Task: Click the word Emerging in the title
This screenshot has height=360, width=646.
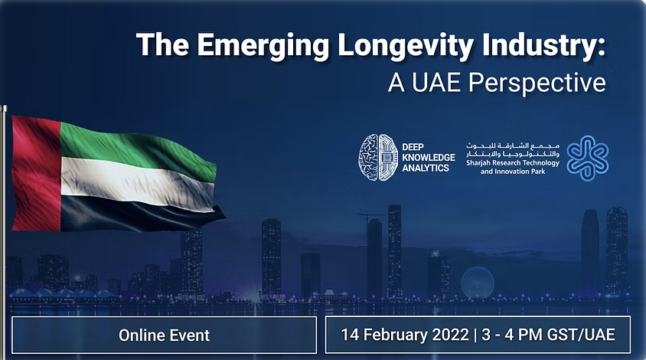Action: point(263,45)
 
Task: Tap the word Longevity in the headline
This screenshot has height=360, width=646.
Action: point(405,45)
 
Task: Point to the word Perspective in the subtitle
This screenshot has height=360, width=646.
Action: point(537,83)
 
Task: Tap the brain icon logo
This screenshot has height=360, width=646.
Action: point(378,157)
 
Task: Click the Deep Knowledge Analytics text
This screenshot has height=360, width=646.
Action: point(429,157)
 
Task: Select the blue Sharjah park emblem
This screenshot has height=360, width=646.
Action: point(588,158)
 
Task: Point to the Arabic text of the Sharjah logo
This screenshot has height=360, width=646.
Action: point(513,149)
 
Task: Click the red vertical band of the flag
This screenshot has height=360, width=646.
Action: point(36,173)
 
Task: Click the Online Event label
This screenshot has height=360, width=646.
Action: point(164,335)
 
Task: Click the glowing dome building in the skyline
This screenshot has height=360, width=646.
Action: point(478,283)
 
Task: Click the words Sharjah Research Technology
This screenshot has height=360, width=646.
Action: point(513,163)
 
